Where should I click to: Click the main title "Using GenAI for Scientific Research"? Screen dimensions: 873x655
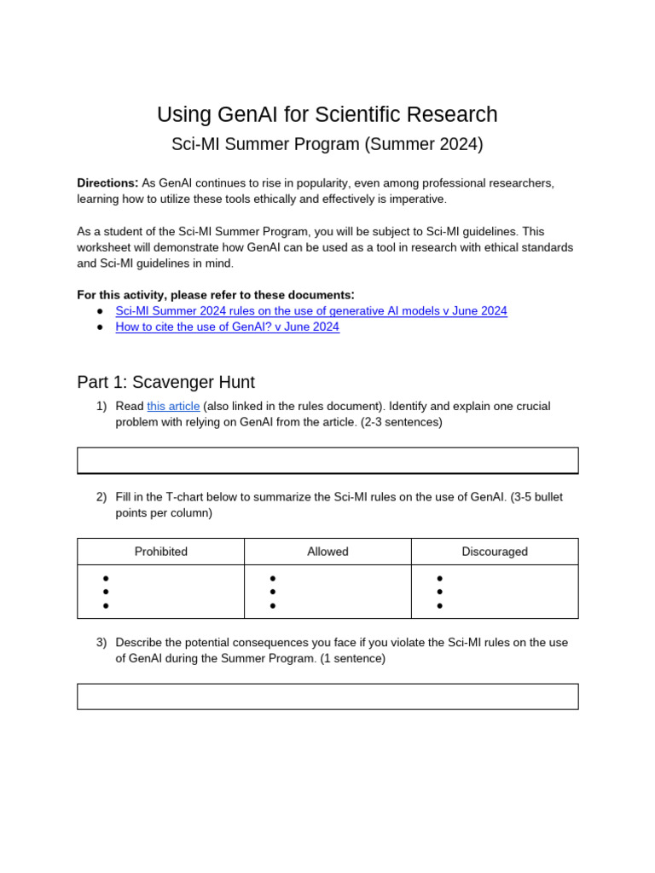[327, 115]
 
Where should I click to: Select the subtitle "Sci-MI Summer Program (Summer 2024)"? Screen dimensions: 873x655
[327, 144]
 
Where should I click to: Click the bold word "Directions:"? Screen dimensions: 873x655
[107, 183]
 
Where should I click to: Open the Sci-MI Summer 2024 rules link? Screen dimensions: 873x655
[311, 311]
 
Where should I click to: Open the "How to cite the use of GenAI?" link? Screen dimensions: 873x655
[227, 327]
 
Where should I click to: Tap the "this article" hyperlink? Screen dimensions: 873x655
[173, 407]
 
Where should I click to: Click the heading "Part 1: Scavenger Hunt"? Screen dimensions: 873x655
[165, 382]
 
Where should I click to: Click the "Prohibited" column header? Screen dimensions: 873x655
[161, 552]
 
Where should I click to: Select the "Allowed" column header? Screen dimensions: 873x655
[327, 552]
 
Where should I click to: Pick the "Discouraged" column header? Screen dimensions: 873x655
[495, 552]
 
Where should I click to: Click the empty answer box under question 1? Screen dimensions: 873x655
[327, 460]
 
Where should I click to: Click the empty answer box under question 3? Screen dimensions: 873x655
[327, 697]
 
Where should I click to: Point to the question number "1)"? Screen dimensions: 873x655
[101, 407]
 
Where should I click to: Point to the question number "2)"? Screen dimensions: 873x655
[101, 497]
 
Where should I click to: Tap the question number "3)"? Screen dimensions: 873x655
[101, 643]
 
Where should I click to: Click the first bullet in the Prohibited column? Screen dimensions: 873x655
[106, 578]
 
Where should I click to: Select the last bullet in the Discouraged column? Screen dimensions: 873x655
[440, 606]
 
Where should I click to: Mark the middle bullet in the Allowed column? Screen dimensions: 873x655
[273, 592]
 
